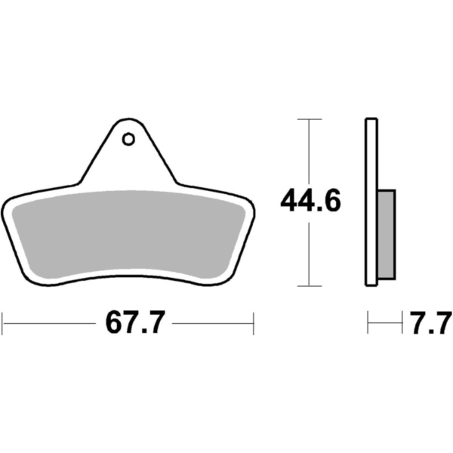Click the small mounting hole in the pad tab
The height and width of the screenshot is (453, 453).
point(128,139)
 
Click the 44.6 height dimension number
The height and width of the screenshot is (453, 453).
point(310,200)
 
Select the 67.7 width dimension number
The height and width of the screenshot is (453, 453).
point(135,322)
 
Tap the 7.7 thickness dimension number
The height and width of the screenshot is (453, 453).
point(430,322)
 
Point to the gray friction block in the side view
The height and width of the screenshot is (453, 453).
point(387,235)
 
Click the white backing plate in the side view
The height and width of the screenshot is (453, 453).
point(371,202)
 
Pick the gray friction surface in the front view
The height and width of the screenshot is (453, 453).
point(128,234)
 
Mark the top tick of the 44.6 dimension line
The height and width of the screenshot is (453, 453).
point(310,119)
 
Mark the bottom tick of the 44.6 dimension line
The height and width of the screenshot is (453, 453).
point(310,286)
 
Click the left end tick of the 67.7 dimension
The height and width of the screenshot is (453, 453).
point(2,323)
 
